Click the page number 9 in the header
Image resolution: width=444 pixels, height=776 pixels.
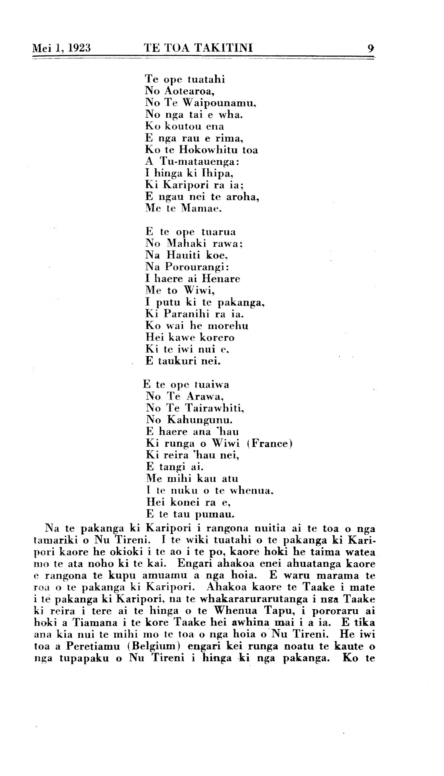371,49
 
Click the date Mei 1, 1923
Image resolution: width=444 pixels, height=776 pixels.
61,49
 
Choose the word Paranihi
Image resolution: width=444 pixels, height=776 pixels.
188,314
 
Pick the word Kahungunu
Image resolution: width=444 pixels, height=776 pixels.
200,420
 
